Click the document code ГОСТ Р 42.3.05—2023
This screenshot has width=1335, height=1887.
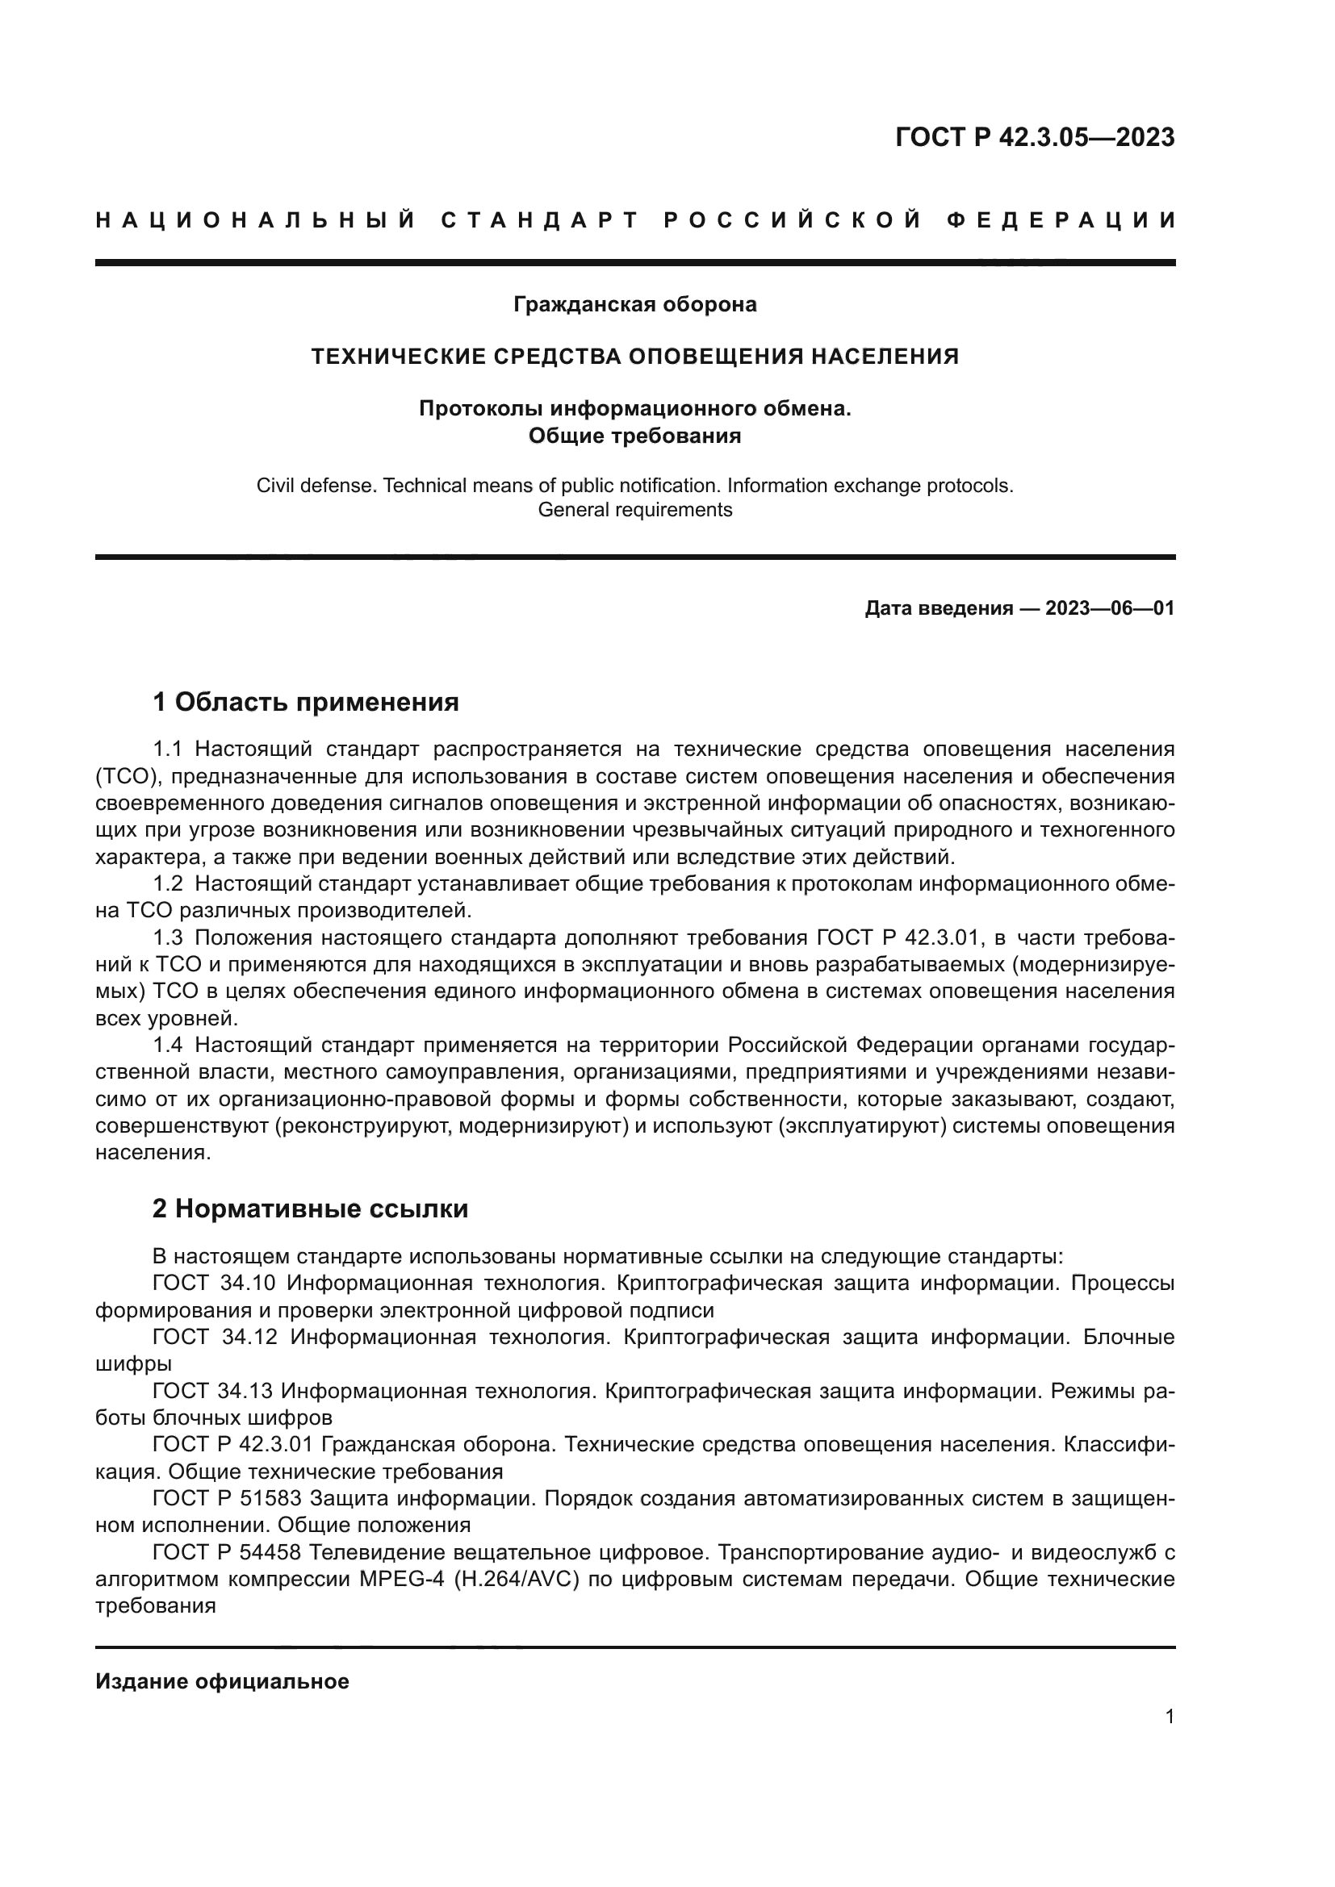click(x=1034, y=137)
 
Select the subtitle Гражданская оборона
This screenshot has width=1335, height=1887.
click(x=634, y=305)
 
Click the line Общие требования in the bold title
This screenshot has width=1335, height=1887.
click(x=634, y=436)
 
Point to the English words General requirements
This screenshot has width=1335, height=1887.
click(x=634, y=510)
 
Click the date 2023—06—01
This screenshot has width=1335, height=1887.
click(x=1109, y=609)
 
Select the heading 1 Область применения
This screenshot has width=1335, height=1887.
click(x=306, y=703)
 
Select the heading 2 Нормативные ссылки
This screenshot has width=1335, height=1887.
click(x=311, y=1209)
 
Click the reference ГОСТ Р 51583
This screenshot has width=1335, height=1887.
click(x=227, y=1499)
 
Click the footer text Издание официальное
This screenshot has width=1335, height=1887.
click(x=222, y=1681)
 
